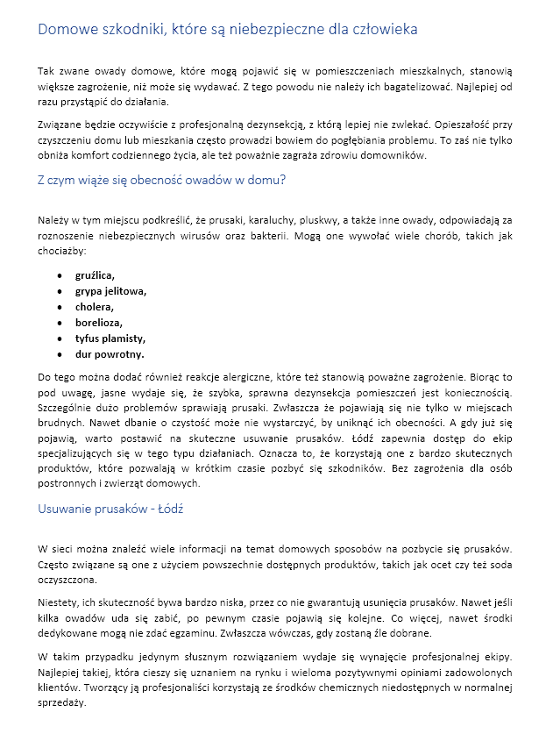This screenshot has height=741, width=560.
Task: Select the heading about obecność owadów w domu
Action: point(162,181)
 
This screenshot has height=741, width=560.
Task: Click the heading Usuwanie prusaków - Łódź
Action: point(110,509)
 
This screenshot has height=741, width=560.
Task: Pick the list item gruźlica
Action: point(95,275)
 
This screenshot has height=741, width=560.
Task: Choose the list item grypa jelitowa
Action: point(110,291)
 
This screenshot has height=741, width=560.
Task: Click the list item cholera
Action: point(95,307)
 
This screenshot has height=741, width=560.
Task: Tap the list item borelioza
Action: point(98,323)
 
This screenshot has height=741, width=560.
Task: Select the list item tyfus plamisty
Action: point(110,338)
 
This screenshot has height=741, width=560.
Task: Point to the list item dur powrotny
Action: point(110,354)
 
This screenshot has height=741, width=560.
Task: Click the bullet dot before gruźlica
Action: point(59,275)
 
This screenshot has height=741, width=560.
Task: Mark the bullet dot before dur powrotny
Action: point(59,354)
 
